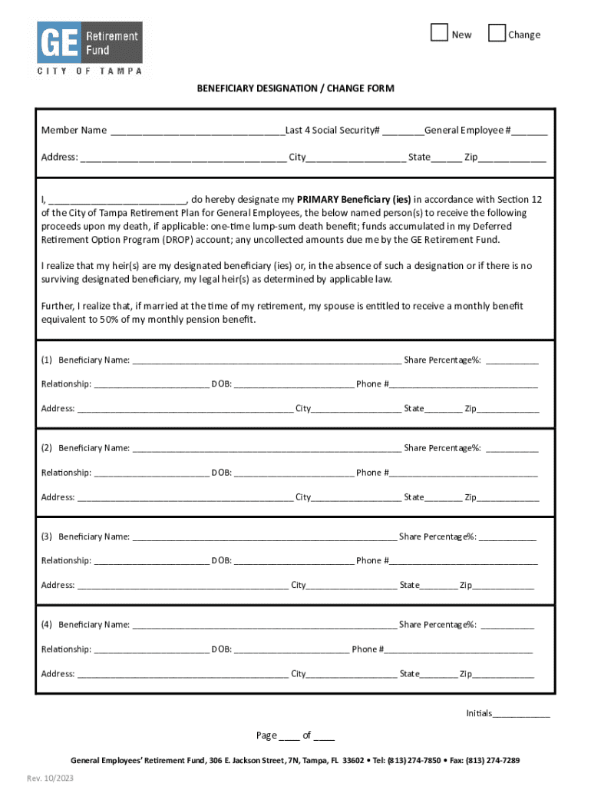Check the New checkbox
(439, 33)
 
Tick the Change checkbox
(497, 33)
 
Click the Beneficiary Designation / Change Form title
(295, 88)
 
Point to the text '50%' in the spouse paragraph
(108, 320)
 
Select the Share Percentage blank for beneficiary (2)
(511, 449)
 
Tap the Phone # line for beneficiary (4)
(458, 650)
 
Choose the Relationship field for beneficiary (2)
(151, 473)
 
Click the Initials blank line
(521, 714)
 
